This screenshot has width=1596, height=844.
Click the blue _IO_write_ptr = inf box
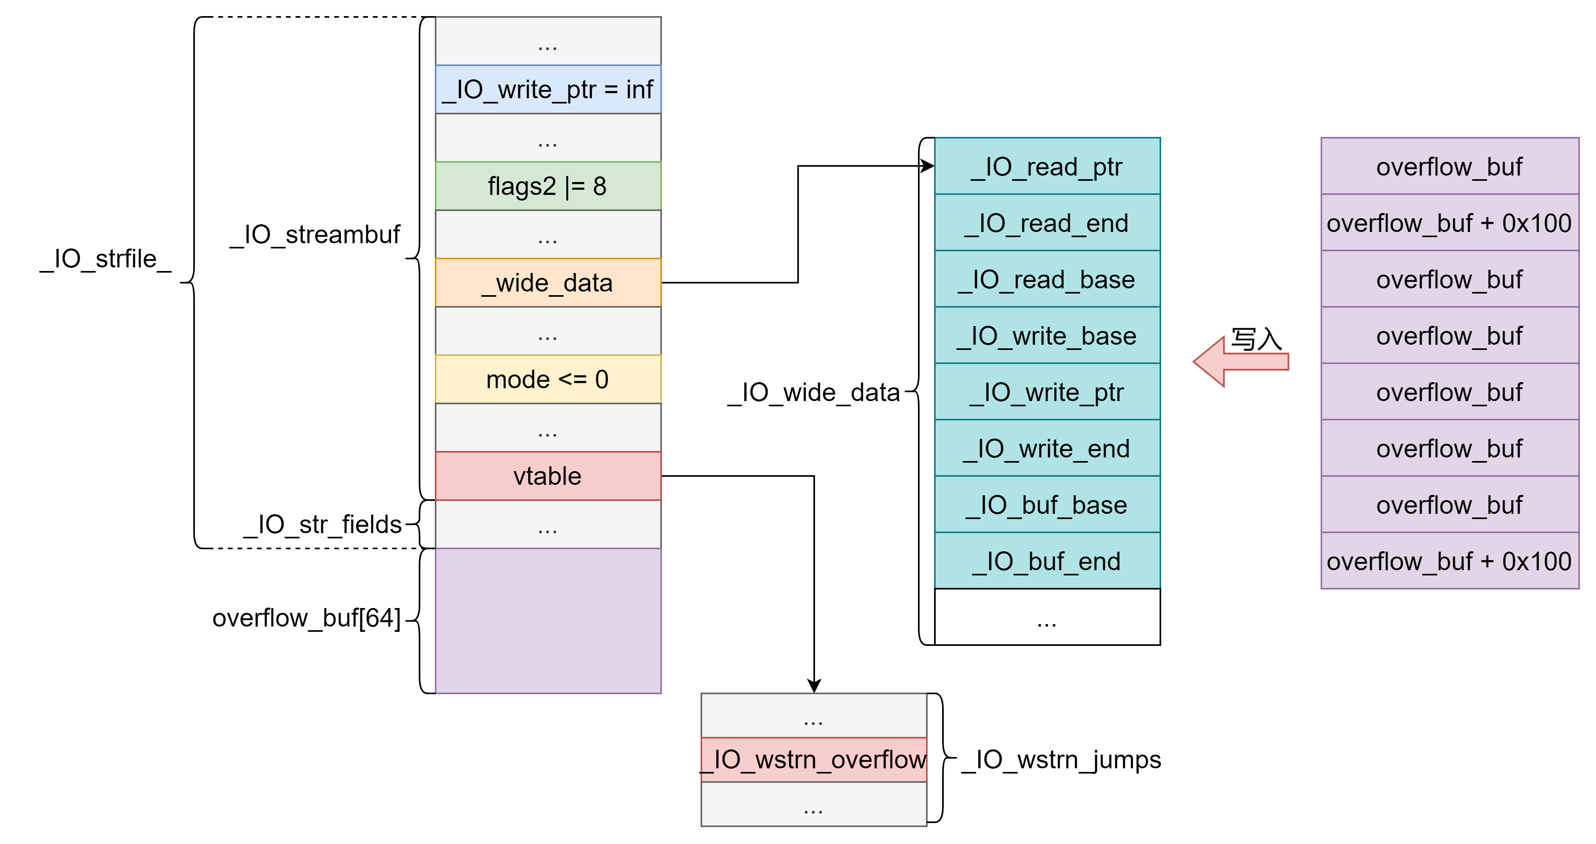click(548, 89)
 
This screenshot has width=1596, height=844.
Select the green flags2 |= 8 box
click(548, 186)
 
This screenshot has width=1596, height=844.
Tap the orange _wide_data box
click(548, 283)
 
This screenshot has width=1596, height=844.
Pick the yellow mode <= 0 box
click(548, 379)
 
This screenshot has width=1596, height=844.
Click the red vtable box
click(548, 476)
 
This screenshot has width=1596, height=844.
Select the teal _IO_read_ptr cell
click(1047, 166)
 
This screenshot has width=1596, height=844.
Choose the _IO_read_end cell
click(1047, 222)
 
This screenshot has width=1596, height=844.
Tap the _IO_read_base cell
click(1047, 279)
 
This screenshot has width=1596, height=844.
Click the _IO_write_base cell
click(1047, 335)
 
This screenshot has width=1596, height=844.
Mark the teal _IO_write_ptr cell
click(1047, 392)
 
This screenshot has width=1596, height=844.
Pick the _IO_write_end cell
click(1047, 448)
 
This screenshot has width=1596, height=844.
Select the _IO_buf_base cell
click(1047, 505)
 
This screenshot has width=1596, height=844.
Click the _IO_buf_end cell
click(1047, 561)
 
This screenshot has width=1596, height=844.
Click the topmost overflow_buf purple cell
click(1450, 166)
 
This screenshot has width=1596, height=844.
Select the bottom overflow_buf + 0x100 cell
click(1450, 561)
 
